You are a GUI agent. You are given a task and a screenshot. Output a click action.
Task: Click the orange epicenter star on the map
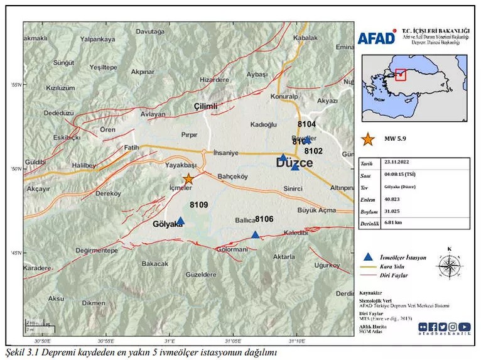[x=188, y=178]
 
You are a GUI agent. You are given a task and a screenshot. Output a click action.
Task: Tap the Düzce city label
[x=295, y=163]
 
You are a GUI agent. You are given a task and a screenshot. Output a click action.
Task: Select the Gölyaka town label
[x=168, y=224]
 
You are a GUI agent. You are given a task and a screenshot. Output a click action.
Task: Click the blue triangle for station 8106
[x=255, y=235]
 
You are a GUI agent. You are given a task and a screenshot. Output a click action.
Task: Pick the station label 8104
[x=306, y=125]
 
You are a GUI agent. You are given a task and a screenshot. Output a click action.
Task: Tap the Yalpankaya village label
[x=98, y=39]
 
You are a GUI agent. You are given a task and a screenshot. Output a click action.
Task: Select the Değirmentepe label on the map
[x=97, y=250]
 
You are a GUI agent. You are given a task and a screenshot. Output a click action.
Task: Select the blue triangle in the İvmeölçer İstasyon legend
[x=368, y=257]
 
